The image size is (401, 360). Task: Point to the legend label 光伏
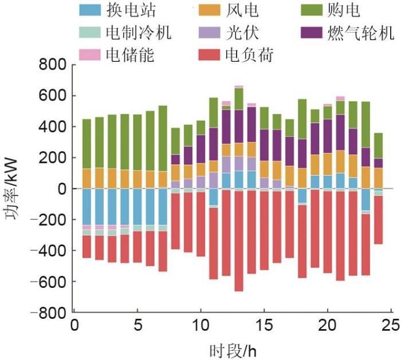click(241, 33)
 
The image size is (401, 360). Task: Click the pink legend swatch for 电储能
click(89, 54)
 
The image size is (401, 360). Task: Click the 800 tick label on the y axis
click(52, 64)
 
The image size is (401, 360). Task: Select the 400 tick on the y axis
click(52, 126)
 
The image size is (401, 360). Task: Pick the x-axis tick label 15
click(264, 325)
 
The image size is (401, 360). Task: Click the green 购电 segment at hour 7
click(163, 138)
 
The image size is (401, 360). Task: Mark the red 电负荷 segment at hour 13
click(239, 240)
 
